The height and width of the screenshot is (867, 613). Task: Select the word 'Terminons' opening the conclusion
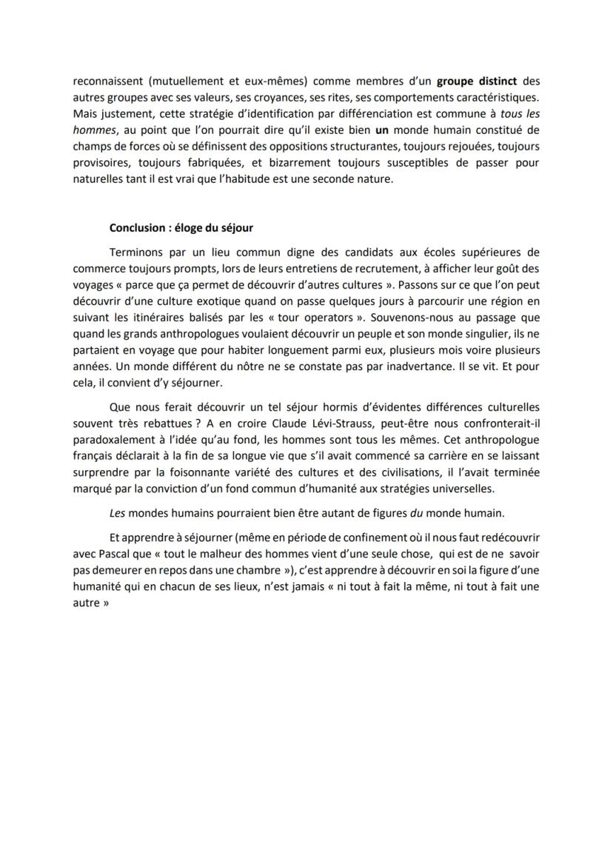[x=137, y=252]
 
